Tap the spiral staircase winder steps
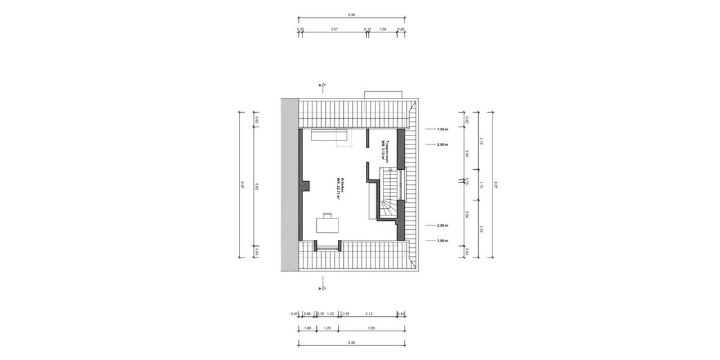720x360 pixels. [387, 210]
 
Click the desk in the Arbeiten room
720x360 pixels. [328, 225]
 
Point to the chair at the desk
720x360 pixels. [328, 214]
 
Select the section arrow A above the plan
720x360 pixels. [323, 85]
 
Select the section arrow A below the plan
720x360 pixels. [323, 289]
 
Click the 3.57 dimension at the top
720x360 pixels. [334, 28]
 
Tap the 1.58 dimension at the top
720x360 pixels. [383, 28]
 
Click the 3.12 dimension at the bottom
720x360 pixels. [368, 313]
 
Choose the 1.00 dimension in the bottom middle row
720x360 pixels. [308, 328]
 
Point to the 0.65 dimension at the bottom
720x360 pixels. [307, 313]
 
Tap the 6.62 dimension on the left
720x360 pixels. [256, 187]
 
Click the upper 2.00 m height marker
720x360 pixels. [443, 145]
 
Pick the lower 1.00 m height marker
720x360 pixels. [443, 241]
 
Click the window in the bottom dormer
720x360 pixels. [329, 245]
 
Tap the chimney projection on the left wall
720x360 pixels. [305, 185]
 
